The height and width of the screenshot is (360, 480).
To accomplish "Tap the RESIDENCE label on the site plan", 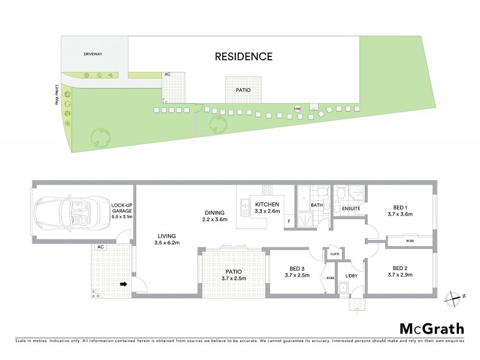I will pyautogui.click(x=244, y=57).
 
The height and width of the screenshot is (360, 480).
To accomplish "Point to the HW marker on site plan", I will pyautogui.click(x=296, y=109).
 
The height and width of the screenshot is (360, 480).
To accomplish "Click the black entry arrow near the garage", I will pyautogui.click(x=124, y=284).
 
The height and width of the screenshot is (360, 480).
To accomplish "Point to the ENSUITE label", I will pyautogui.click(x=350, y=209).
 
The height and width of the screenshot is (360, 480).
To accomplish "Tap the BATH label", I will pyautogui.click(x=317, y=206).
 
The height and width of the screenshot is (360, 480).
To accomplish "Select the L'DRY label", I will pyautogui.click(x=352, y=277).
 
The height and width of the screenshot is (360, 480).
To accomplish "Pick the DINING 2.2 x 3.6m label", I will pyautogui.click(x=214, y=216).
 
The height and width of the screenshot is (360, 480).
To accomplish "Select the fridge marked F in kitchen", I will pyautogui.click(x=289, y=221).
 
